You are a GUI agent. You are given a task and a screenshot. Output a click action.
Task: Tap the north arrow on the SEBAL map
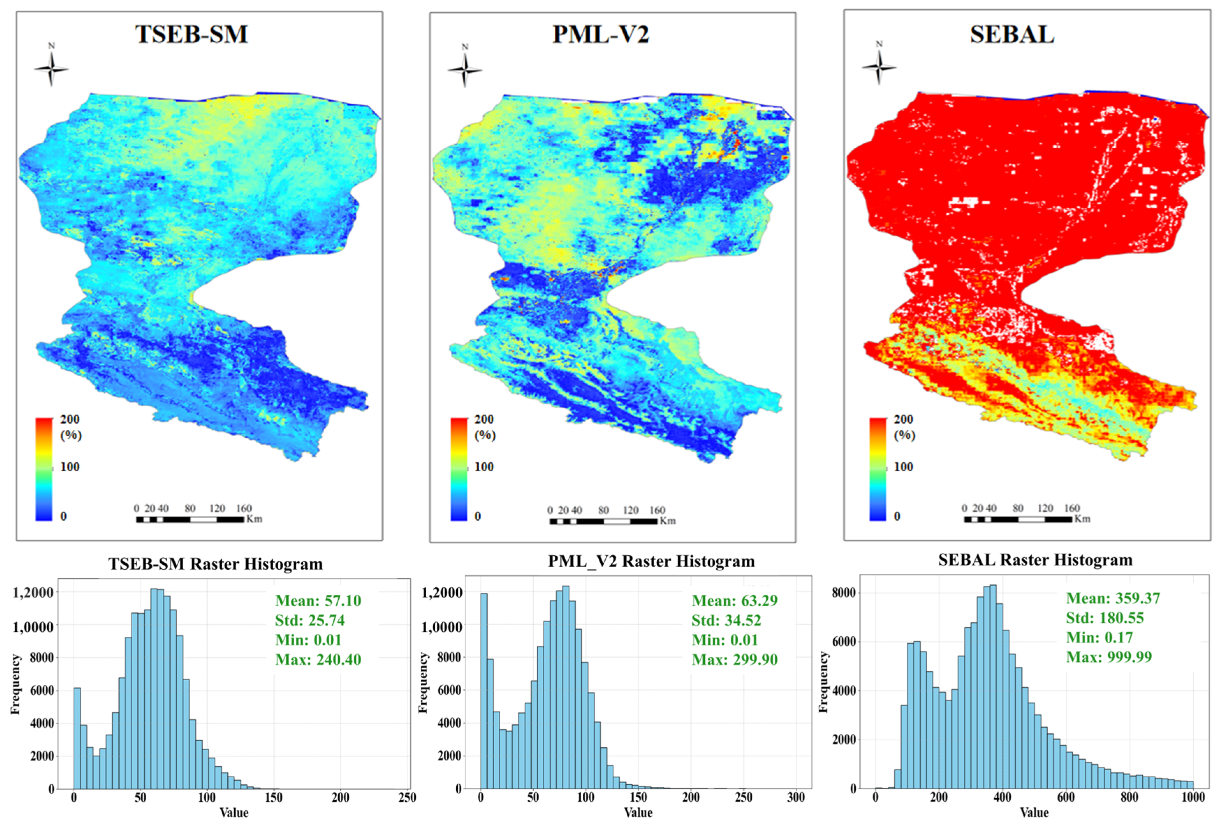(878, 66)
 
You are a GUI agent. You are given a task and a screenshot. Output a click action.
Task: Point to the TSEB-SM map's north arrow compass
(51, 68)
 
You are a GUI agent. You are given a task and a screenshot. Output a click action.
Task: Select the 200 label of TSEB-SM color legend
(69, 419)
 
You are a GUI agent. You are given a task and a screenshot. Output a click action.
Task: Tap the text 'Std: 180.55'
(1105, 618)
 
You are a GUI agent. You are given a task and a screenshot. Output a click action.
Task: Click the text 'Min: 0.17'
(1099, 637)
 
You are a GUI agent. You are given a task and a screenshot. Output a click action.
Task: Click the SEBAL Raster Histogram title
(1035, 560)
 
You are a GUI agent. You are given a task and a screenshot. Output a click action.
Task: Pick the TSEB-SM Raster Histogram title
(215, 564)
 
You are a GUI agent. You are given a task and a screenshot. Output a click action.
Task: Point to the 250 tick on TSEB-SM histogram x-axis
(407, 797)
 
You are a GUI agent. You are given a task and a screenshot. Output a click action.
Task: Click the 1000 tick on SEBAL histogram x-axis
(1193, 797)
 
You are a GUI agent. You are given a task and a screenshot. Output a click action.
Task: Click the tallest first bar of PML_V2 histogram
(484, 690)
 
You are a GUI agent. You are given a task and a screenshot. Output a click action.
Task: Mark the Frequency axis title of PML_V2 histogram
(423, 683)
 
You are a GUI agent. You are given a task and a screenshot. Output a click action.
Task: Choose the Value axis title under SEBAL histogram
(1034, 813)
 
